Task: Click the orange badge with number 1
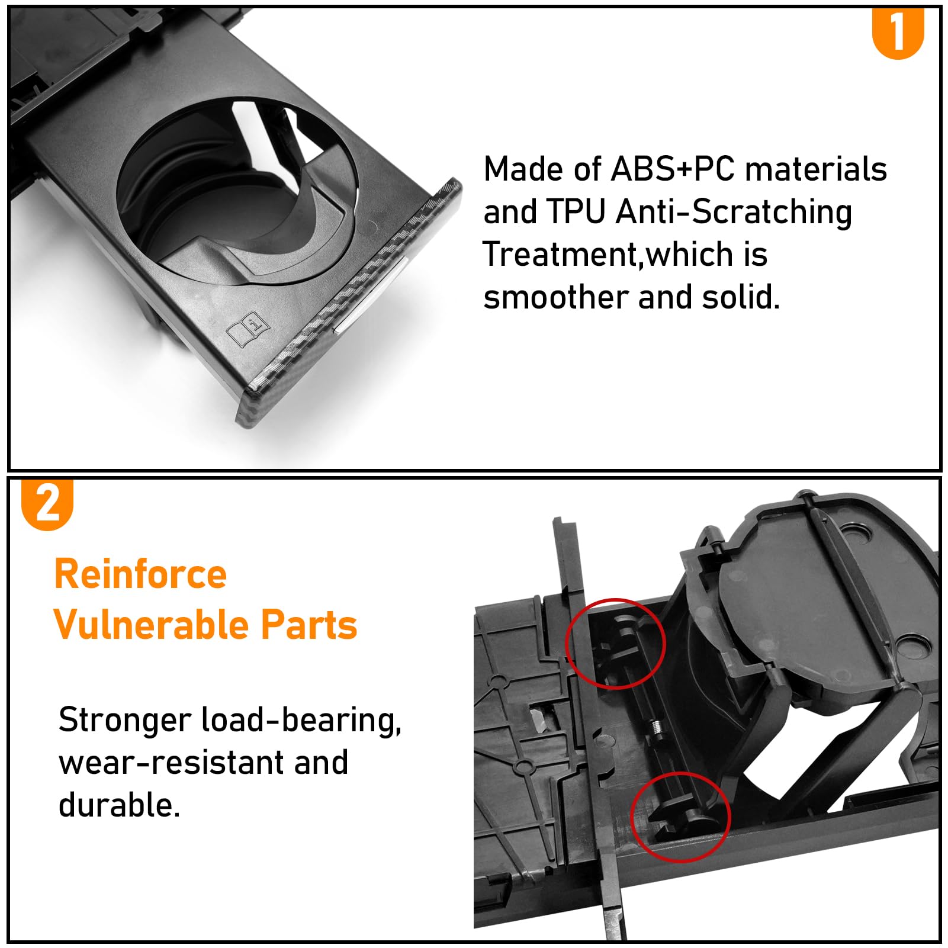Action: (898, 33)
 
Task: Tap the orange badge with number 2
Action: (47, 504)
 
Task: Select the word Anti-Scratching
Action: (734, 213)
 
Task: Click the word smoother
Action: (556, 297)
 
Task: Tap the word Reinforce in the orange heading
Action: (140, 574)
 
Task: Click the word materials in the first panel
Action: (816, 169)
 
